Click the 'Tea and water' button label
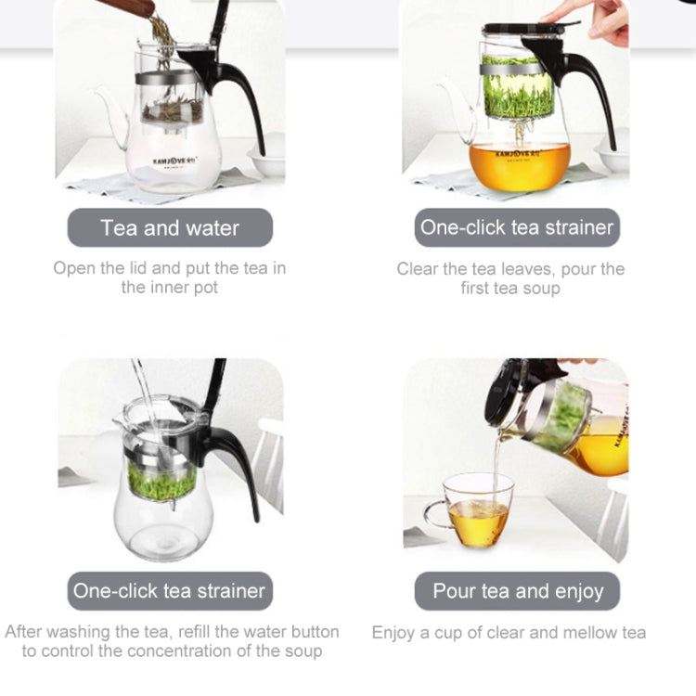tap(170, 227)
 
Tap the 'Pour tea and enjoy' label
tap(518, 591)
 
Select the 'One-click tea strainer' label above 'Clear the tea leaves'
tap(517, 227)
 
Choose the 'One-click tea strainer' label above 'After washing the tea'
tap(169, 591)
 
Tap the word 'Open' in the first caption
tap(75, 268)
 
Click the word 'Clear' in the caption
tap(419, 269)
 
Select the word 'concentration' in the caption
tap(177, 651)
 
